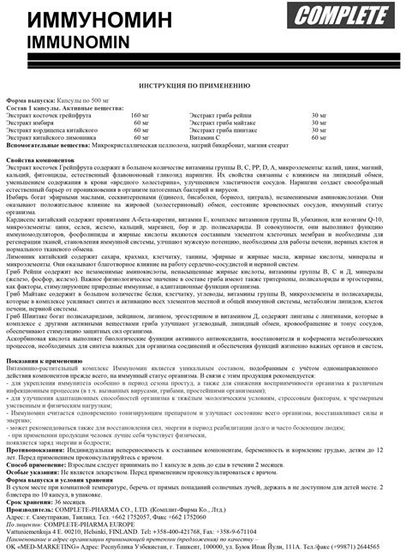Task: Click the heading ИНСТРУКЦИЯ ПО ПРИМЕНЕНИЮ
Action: click(203, 87)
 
